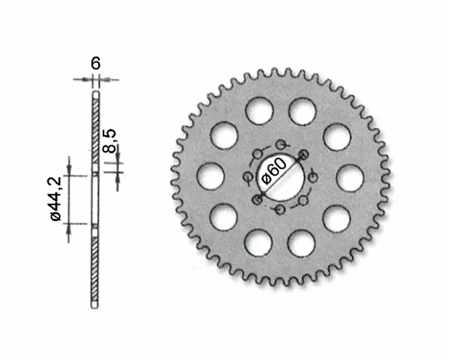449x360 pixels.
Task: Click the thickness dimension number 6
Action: point(95,64)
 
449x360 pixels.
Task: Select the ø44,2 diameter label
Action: point(55,199)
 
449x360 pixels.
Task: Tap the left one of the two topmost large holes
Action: point(258,111)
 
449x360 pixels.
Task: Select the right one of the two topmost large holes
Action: point(302,111)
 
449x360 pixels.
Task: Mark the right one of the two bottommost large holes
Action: point(302,243)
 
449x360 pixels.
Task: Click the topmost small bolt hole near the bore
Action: point(282,145)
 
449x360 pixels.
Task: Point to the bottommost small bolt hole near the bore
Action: point(280,210)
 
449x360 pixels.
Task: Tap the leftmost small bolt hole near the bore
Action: point(247,178)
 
